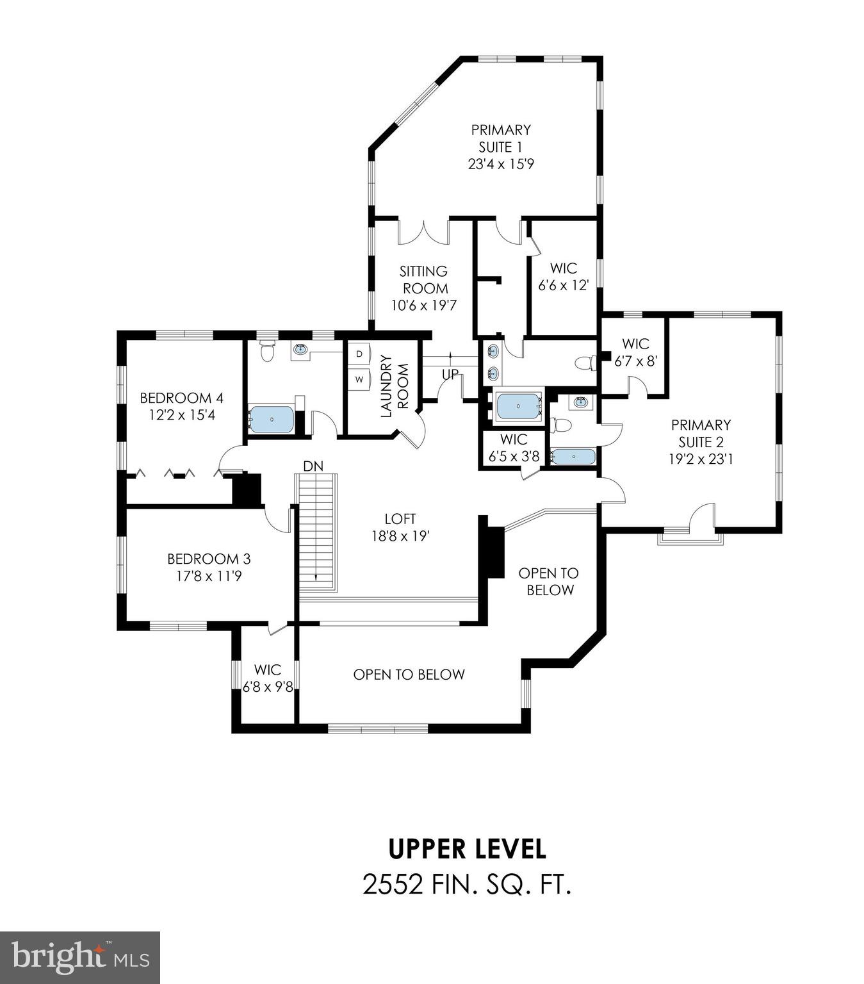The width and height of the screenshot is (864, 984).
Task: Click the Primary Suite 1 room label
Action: click(501, 138)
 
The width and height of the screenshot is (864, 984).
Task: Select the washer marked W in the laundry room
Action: click(359, 379)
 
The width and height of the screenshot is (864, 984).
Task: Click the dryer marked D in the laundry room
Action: click(359, 354)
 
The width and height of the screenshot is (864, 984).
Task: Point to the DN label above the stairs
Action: click(313, 466)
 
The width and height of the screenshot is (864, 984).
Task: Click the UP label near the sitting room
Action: click(451, 375)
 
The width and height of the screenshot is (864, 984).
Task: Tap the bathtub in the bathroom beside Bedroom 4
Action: click(272, 420)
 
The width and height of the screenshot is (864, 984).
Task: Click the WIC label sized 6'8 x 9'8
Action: click(267, 670)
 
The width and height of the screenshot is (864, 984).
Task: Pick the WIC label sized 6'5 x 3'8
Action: click(514, 439)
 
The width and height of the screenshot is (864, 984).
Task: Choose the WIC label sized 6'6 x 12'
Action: click(563, 268)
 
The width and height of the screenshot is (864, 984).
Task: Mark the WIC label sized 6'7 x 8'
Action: click(635, 344)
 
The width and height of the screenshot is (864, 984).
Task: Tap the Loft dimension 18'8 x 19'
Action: click(400, 536)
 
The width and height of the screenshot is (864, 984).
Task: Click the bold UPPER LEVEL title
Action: click(468, 849)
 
